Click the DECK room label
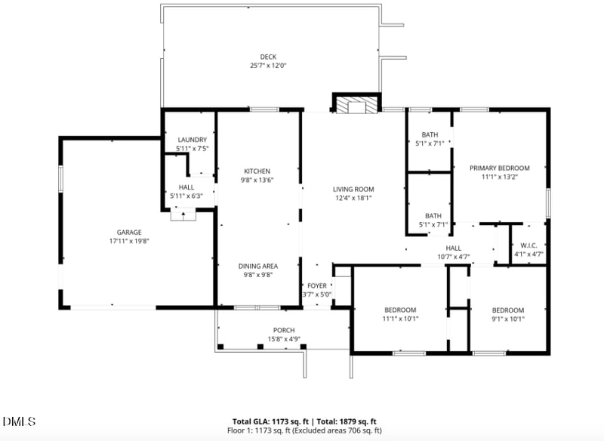tap(268, 57)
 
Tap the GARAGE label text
tap(128, 233)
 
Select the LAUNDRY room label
tap(192, 140)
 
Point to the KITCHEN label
tap(257, 171)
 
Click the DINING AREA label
tap(257, 266)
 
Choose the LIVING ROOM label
tap(354, 190)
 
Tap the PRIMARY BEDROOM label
tap(499, 168)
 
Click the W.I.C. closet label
tap(528, 245)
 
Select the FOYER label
tap(316, 286)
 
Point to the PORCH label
tap(284, 330)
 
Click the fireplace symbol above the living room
tap(356, 105)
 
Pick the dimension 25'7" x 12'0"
tap(268, 66)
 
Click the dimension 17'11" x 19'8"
tap(128, 242)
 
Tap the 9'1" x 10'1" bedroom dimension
tap(507, 319)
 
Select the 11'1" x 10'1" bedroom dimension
tap(400, 319)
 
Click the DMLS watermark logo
tap(19, 421)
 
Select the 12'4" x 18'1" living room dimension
tap(354, 198)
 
